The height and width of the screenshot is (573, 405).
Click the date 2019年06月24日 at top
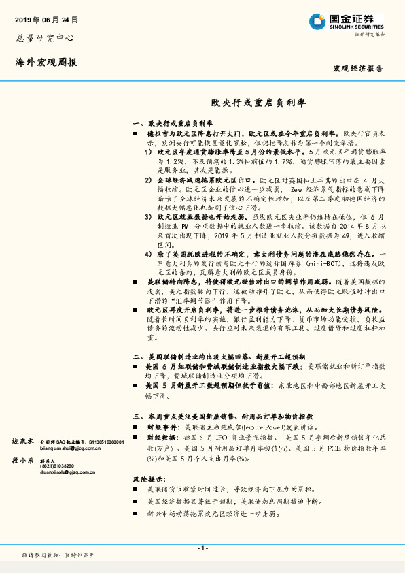click(46, 21)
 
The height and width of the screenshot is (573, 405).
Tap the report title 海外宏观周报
click(46, 62)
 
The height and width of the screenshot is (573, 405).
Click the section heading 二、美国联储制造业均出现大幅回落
click(219, 356)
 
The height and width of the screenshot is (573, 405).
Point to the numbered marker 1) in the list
click(148, 153)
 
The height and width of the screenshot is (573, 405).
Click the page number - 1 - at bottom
click(202, 548)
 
